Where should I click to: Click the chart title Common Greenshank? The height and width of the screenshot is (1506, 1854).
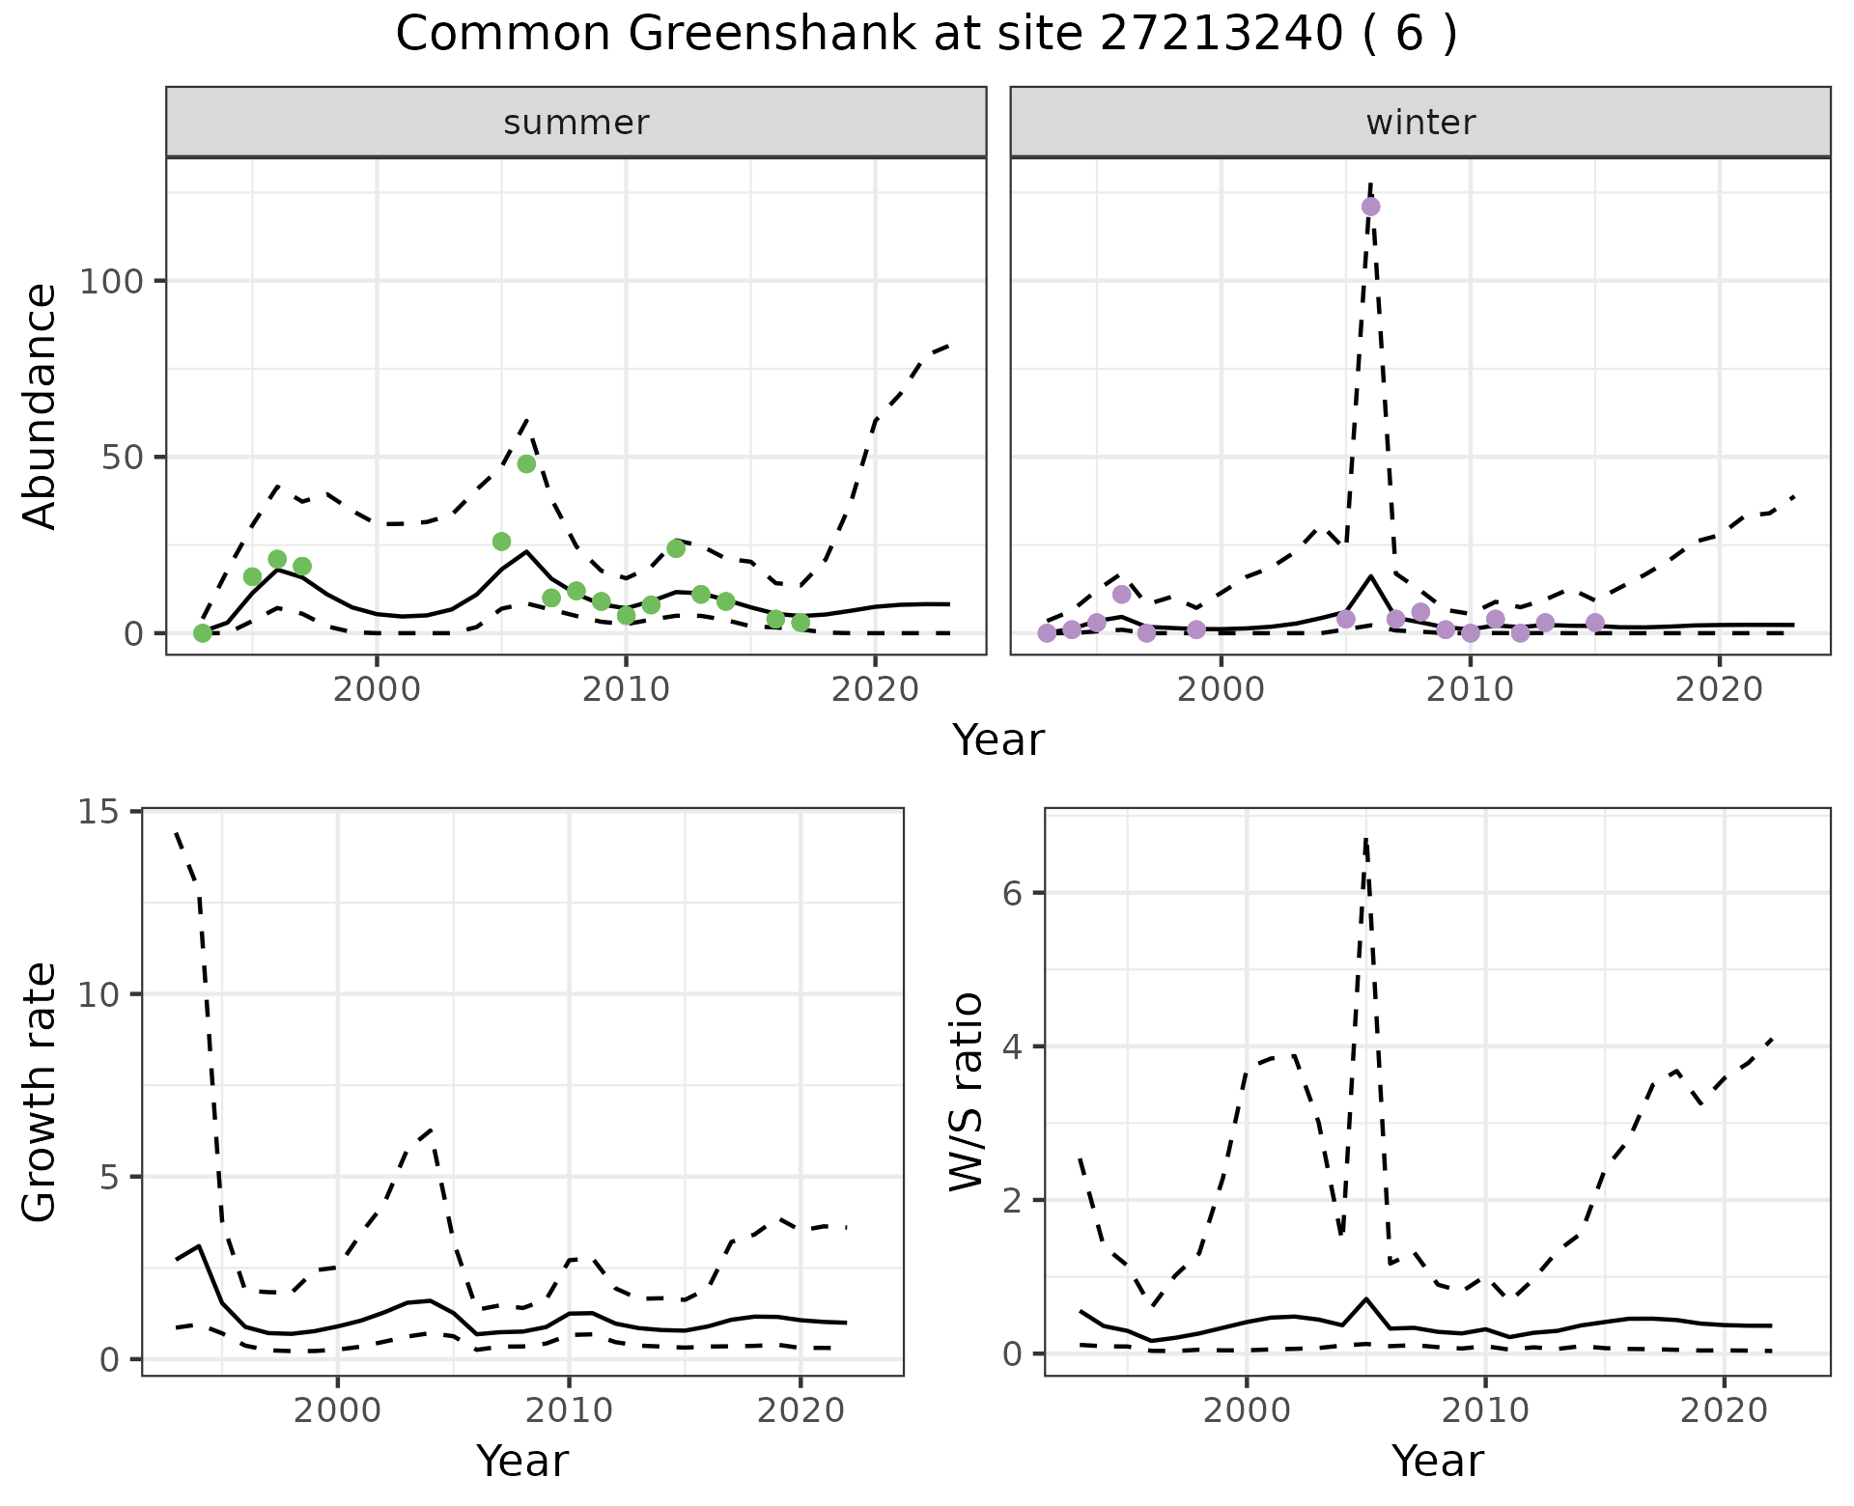pos(925,35)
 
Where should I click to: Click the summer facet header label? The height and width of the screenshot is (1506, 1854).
pos(576,123)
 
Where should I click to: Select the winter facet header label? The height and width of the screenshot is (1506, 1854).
pos(1420,123)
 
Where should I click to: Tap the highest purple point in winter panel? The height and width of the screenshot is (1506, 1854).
pos(1370,207)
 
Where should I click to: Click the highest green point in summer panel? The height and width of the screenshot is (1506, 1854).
pos(526,463)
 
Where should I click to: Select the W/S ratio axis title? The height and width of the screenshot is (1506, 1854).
pos(967,1092)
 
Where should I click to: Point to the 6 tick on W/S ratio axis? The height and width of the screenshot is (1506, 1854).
pos(1011,892)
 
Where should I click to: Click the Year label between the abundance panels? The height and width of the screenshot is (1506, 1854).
pos(998,740)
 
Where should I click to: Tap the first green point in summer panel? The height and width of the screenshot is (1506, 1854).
pos(203,633)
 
